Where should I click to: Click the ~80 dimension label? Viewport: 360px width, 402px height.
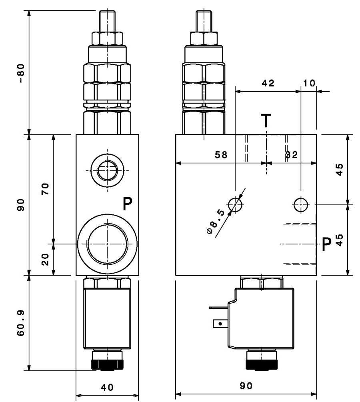point(22,73)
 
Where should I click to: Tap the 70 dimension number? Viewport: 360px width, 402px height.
point(45,189)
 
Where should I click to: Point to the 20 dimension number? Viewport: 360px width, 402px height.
point(45,260)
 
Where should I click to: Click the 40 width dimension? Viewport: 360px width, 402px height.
point(107,387)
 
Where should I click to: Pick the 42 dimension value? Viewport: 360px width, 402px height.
point(268,83)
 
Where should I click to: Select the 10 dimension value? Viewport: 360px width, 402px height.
point(309,83)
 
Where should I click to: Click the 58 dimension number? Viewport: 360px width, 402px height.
point(221,154)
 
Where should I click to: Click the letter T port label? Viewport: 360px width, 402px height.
point(266,120)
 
